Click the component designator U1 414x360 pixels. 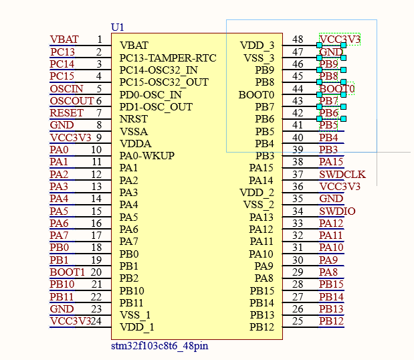coord(118,27)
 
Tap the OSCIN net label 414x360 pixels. coord(67,88)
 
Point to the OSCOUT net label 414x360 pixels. coord(72,100)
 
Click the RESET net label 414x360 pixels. coord(67,112)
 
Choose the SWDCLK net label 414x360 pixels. coord(342,175)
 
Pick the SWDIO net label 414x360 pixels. coord(337,211)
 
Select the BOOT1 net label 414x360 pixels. coord(68,272)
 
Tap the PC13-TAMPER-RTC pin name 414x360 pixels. coord(168,58)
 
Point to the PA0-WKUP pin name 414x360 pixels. coord(146,156)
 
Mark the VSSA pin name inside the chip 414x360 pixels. coord(134,131)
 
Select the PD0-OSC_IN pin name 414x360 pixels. coord(150,94)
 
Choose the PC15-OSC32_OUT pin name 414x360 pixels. coord(164,82)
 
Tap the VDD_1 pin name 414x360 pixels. coord(136,327)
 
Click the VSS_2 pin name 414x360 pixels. coord(258,204)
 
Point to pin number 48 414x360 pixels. coord(298,39)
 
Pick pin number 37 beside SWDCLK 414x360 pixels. coord(298,174)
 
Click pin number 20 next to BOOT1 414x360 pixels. coord(96,272)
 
